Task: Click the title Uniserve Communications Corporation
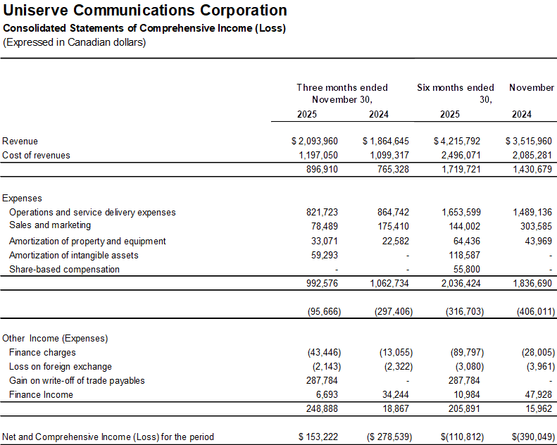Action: click(145, 11)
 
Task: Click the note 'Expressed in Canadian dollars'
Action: click(74, 42)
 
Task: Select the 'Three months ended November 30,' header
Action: click(342, 93)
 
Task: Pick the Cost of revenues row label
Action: click(36, 155)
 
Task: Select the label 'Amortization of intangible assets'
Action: click(73, 255)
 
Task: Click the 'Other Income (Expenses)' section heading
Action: click(55, 338)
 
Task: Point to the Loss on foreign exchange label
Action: click(61, 366)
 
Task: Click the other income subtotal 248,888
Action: click(324, 408)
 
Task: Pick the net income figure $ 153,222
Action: click(318, 437)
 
